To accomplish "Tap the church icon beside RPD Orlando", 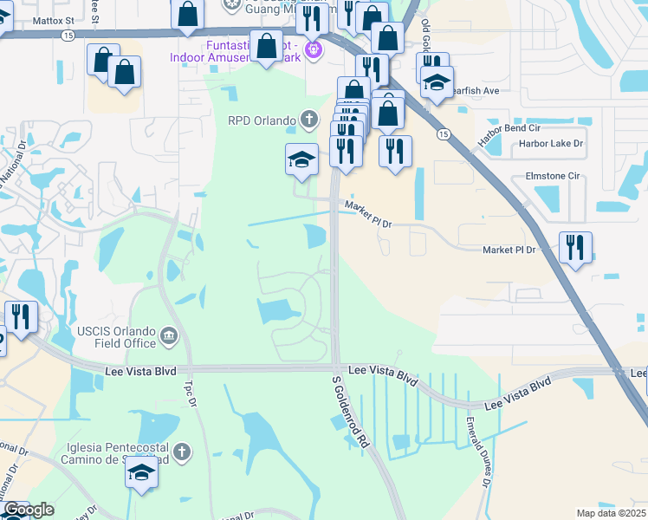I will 308,119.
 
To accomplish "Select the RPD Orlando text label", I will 262,120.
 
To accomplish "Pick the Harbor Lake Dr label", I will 551,144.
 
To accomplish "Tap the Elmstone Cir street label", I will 552,176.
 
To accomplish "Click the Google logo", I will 29,510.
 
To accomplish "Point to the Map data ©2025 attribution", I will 612,513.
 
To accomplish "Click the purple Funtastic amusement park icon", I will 314,49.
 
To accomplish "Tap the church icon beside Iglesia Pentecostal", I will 181,452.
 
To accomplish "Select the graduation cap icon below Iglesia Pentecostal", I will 142,473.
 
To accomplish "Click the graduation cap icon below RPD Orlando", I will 301,159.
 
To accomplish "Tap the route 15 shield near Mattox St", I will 68,35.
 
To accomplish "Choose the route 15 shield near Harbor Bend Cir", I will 444,134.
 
